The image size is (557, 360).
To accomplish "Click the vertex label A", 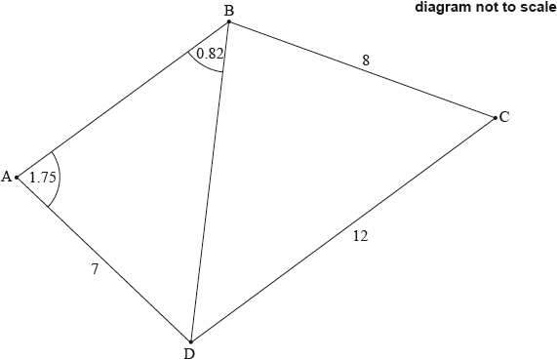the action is (x=7, y=177).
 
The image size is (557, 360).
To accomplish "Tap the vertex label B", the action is (x=229, y=11).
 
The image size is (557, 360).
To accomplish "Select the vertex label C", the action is (x=504, y=117).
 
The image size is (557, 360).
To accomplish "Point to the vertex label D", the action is (x=189, y=354).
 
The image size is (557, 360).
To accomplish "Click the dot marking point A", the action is (x=17, y=177).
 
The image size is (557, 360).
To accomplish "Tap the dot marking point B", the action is (x=229, y=21).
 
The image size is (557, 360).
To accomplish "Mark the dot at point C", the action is (x=496, y=118).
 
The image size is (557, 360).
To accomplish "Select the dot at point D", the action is (x=191, y=341).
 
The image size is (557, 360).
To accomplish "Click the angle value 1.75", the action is (x=43, y=177).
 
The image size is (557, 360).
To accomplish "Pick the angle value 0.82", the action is (x=210, y=54).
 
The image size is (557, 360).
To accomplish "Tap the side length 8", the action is (x=366, y=60).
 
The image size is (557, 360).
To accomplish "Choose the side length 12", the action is (x=361, y=236).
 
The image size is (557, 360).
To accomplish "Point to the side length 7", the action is (x=95, y=269).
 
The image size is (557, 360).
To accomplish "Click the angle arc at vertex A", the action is (x=60, y=178).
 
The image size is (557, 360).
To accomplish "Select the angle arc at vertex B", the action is (x=203, y=66).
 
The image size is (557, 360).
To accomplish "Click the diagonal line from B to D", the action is (x=210, y=182).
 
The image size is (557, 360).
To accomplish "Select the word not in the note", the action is (x=484, y=8).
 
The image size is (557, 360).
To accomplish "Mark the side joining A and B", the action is (x=123, y=100).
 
